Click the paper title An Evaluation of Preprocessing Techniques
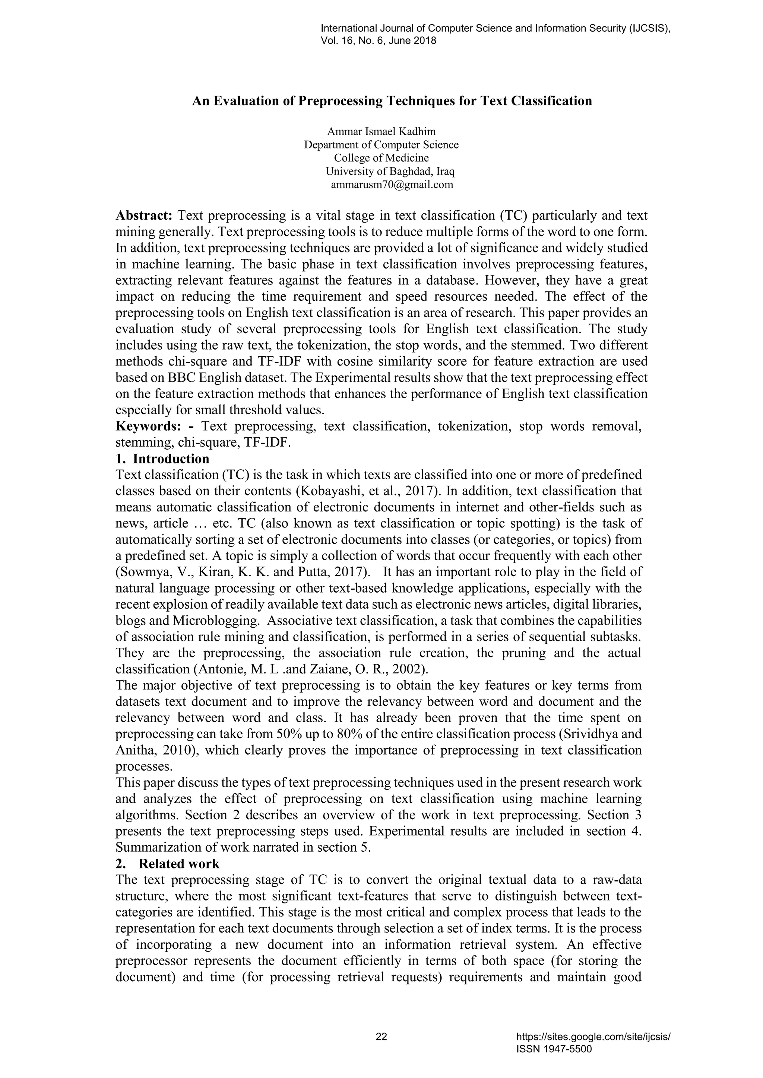pos(392,101)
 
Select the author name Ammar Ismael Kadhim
pos(381,131)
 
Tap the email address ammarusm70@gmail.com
pos(392,185)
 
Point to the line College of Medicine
pos(381,158)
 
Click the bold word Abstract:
pos(144,216)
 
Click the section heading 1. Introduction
pos(162,458)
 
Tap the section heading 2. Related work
pos(168,864)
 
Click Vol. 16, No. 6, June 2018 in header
pos(378,41)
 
